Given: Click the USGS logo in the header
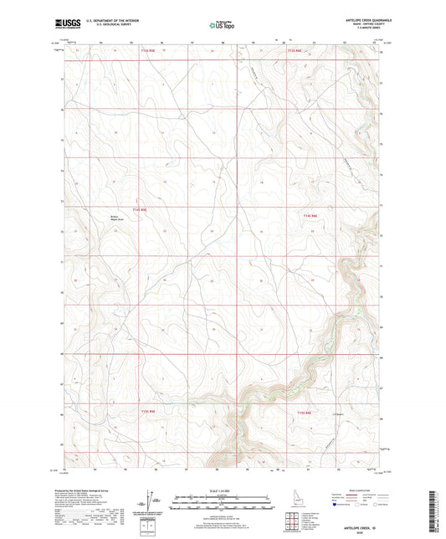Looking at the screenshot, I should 65,24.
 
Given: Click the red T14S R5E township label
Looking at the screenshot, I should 139,209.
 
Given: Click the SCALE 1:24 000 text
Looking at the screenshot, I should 223,489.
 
